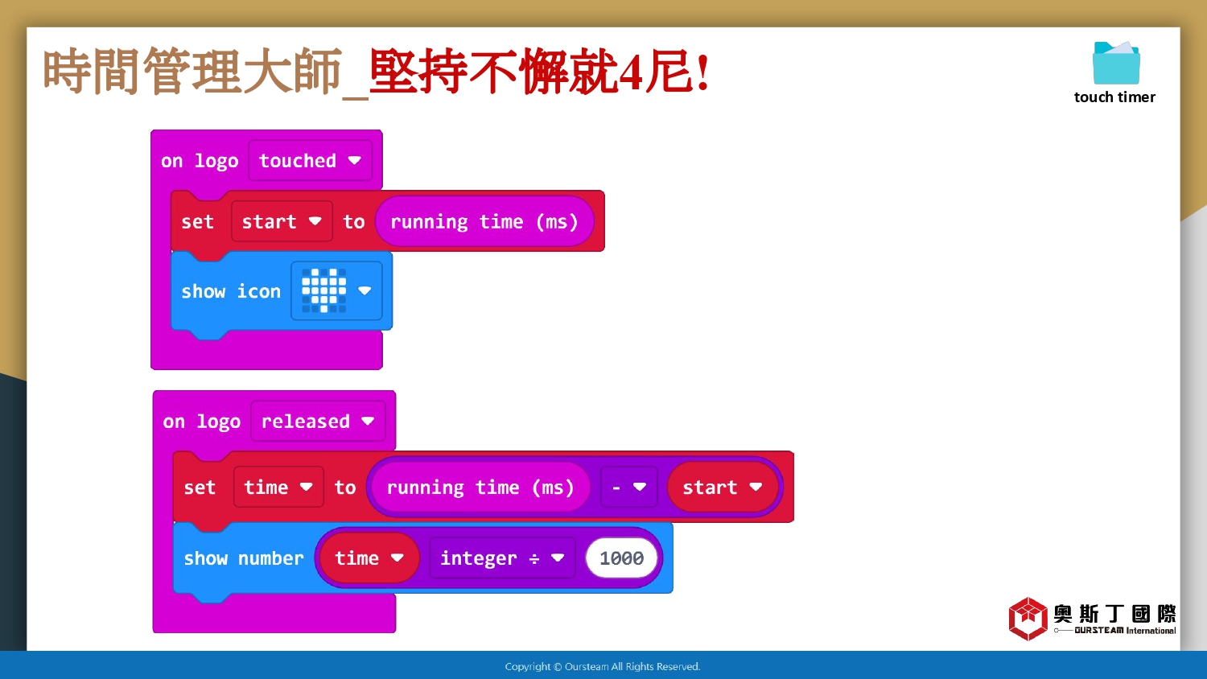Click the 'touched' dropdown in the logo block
tap(310, 160)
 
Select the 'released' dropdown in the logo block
tap(318, 421)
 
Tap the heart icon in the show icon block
tap(323, 290)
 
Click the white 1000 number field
tap(621, 558)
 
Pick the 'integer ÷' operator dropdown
tap(502, 558)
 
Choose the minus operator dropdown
tap(628, 488)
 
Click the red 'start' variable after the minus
tap(723, 488)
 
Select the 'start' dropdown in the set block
tap(282, 221)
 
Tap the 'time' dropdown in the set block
tap(278, 488)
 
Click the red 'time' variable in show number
tap(369, 558)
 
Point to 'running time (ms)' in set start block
tap(484, 221)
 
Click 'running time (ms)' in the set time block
tap(480, 488)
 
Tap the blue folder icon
tap(1116, 63)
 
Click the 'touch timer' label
tap(1114, 97)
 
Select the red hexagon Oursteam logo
tap(1028, 619)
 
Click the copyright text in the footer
tap(603, 667)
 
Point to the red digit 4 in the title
tap(630, 72)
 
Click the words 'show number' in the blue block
tap(244, 558)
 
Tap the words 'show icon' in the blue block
tap(231, 291)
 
